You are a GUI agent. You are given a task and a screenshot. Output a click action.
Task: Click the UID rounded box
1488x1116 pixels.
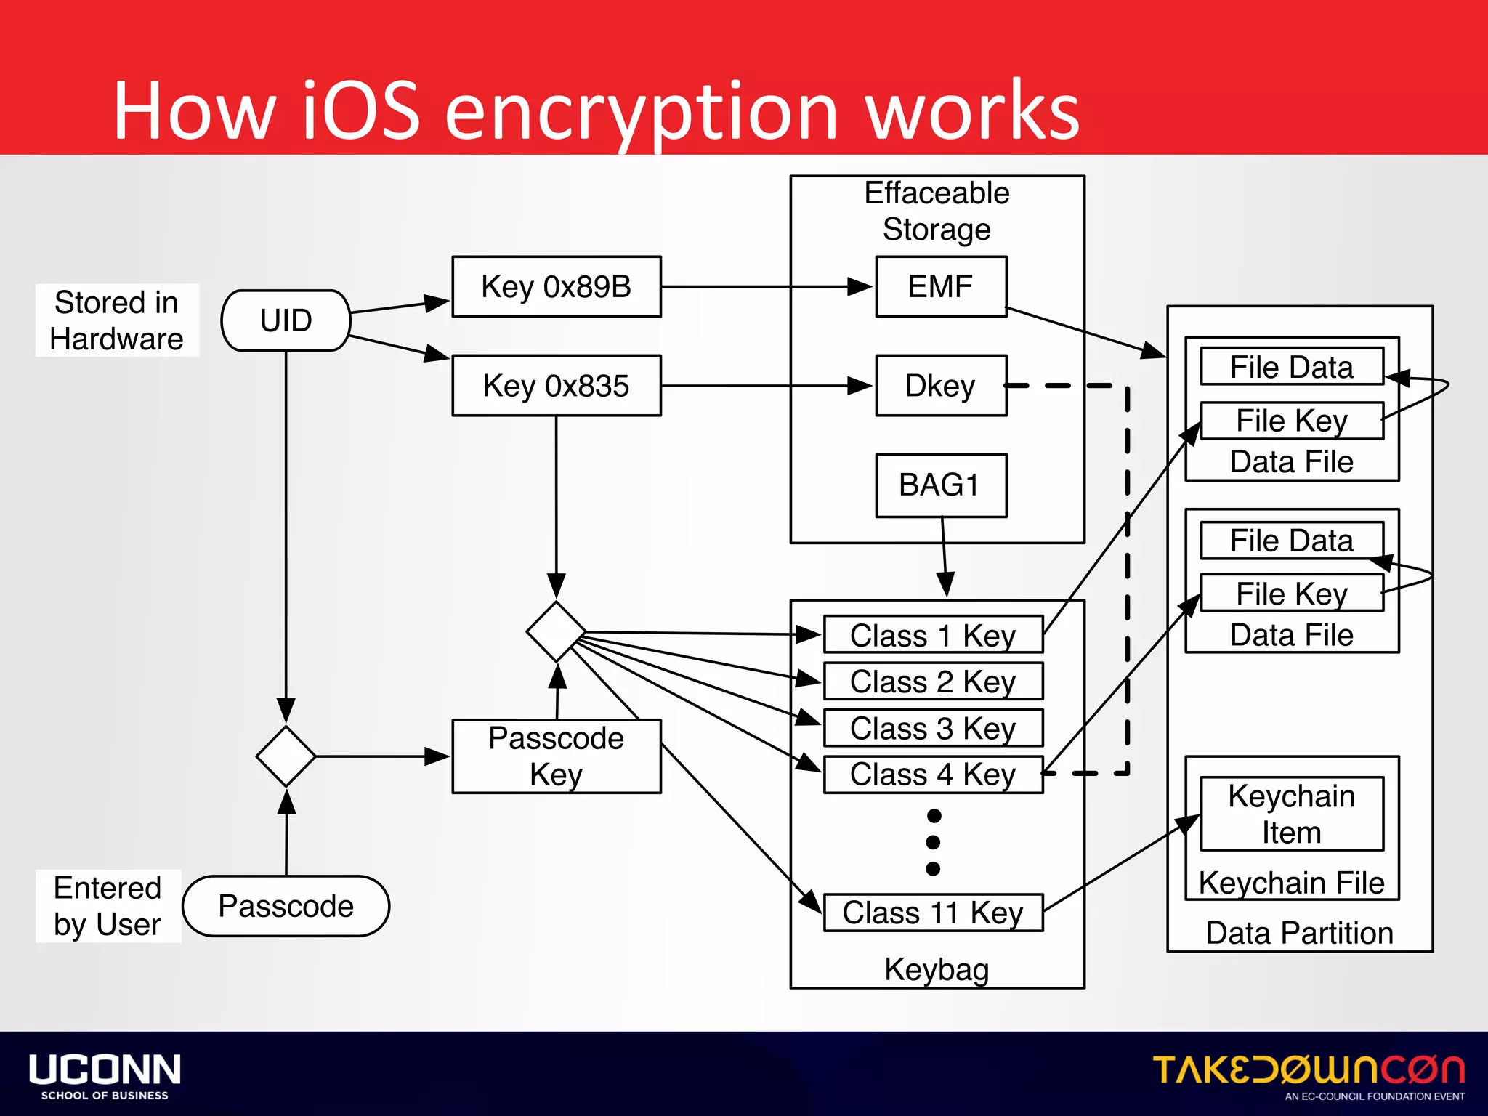286,320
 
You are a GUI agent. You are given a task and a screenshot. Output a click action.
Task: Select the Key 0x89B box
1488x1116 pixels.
556,286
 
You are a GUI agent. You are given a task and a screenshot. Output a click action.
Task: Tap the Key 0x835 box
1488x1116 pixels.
556,385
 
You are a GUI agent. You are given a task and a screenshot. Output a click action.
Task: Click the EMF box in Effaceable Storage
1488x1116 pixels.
940,286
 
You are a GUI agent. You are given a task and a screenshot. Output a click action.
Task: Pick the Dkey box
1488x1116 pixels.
940,385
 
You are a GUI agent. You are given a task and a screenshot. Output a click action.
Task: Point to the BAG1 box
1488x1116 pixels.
940,485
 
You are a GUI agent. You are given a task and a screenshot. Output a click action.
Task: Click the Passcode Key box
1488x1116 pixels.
556,756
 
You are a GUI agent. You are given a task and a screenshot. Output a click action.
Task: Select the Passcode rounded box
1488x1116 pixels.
286,906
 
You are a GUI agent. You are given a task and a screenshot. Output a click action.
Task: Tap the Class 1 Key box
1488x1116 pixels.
933,635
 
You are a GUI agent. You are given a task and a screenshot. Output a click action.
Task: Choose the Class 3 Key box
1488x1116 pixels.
933,728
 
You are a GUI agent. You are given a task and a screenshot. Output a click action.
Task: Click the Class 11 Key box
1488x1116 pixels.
933,913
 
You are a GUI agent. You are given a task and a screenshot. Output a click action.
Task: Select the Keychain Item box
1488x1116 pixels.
1291,814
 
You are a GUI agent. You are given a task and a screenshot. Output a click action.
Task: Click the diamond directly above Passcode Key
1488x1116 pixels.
556,631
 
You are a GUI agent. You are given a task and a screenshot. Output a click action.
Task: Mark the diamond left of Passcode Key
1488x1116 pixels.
286,756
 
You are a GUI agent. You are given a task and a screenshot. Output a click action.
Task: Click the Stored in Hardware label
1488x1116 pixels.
116,320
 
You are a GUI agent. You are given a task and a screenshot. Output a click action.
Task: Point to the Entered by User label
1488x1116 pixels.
108,906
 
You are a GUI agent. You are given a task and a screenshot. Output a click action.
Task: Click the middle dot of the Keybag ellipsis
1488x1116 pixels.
934,842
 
